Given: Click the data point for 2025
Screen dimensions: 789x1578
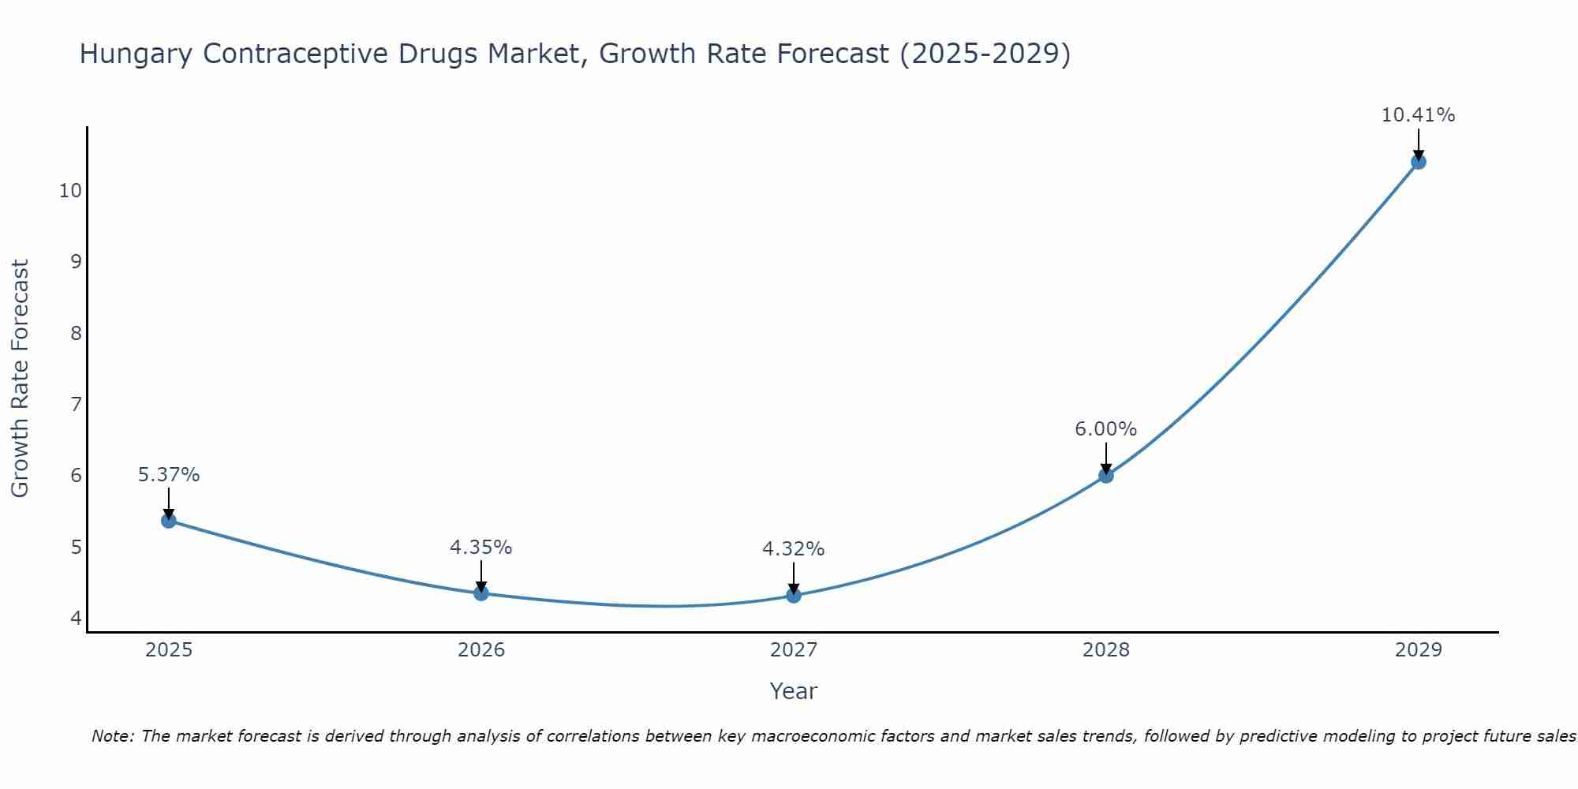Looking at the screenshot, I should point(168,521).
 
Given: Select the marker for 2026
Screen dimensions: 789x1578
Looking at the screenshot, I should point(481,593).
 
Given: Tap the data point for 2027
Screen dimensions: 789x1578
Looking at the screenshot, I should point(794,596).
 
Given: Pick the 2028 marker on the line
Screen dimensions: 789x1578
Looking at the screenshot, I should point(1106,476).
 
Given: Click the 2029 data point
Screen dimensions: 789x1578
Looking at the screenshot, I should point(1418,162).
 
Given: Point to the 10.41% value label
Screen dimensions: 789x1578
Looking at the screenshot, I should point(1418,115).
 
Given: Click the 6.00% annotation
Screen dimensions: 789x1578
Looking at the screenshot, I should point(1105,429).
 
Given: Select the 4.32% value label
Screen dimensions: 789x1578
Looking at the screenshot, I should point(793,549).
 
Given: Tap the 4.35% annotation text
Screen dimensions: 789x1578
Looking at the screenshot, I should point(481,547).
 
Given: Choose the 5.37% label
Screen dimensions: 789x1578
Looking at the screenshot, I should point(169,475).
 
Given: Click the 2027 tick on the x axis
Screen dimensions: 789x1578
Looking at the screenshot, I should point(794,650).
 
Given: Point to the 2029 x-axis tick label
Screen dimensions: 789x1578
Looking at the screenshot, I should point(1418,650).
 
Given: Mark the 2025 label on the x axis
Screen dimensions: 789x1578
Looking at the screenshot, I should point(169,650).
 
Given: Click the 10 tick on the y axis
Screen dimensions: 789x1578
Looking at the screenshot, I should point(70,191).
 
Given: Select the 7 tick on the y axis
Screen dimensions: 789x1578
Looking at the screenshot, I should point(76,405).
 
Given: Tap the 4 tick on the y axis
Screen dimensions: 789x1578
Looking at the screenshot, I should point(76,618).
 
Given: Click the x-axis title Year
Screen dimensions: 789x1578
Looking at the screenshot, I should point(793,691).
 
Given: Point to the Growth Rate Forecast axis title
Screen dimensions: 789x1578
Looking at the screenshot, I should point(20,379).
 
